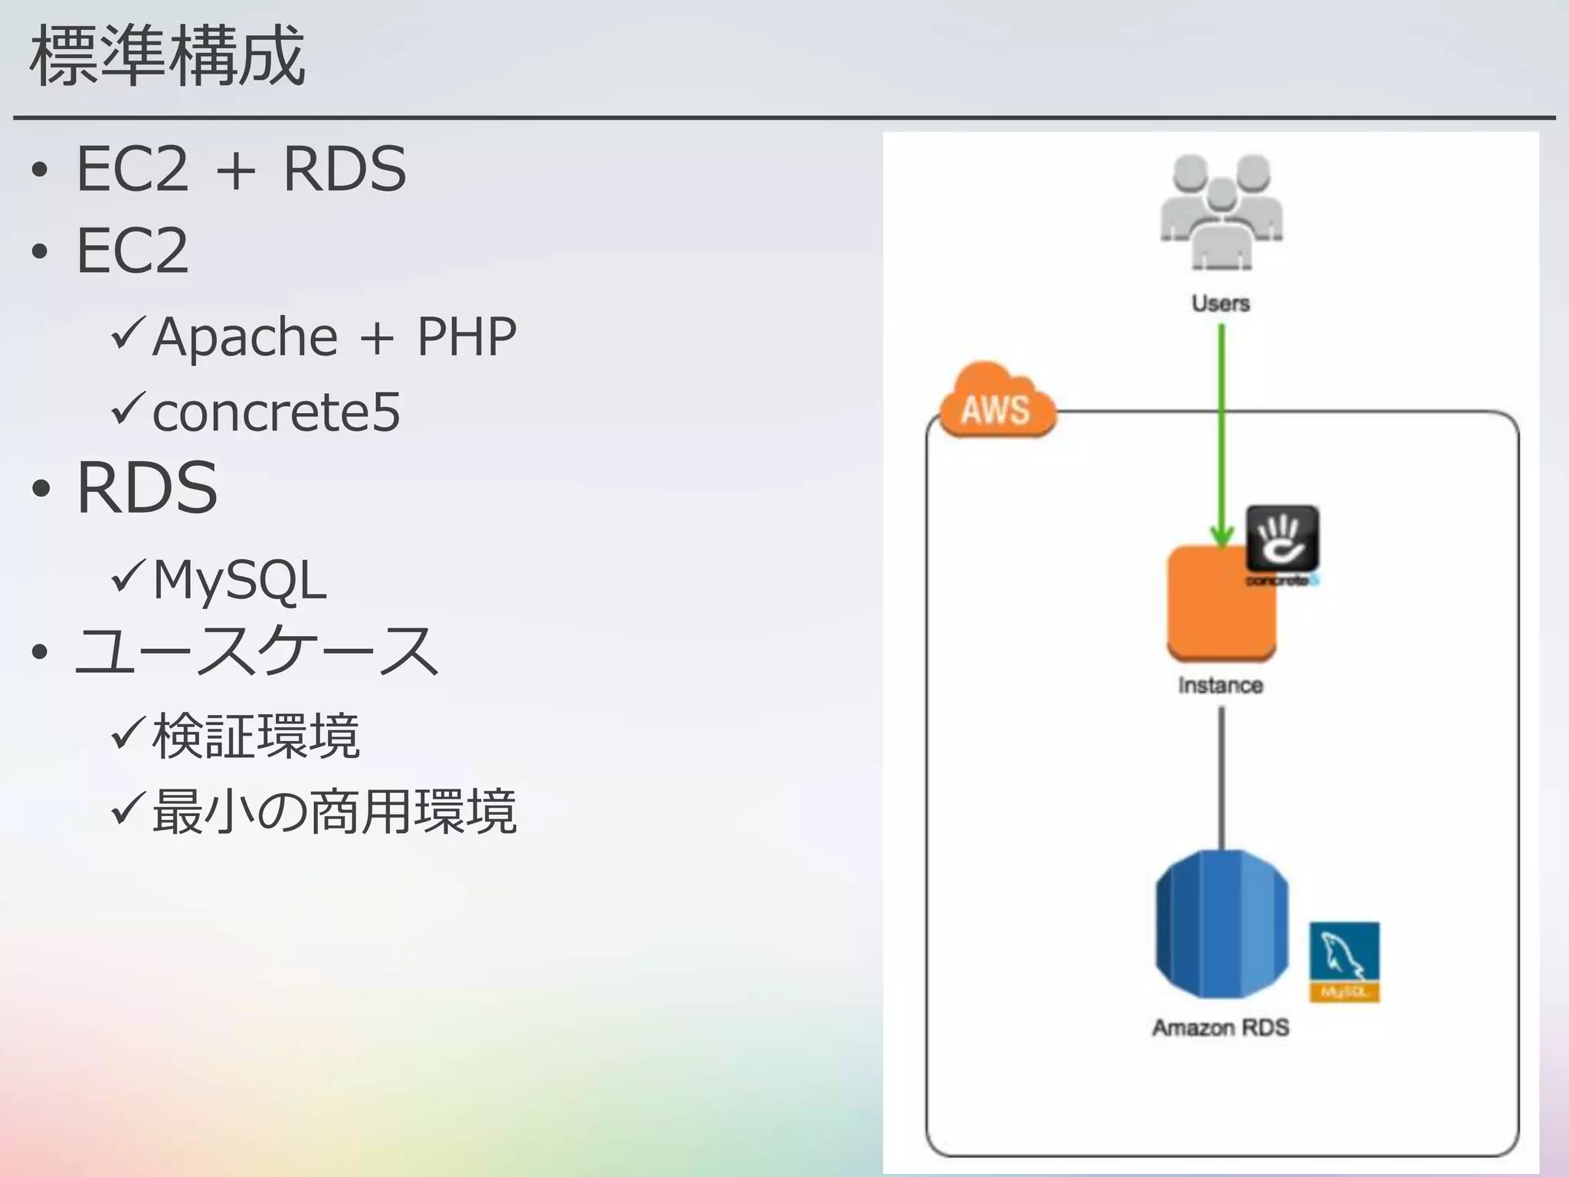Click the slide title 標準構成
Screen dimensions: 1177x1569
[x=167, y=57]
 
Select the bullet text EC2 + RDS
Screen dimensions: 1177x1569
[x=241, y=169]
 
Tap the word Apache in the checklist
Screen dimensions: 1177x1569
[x=244, y=337]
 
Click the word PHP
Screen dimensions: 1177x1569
[x=466, y=337]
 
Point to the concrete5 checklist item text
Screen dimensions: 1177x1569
[x=276, y=412]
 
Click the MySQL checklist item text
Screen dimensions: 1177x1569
[x=239, y=580]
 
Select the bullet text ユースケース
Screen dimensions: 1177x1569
[x=257, y=651]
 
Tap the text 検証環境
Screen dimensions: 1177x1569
[x=256, y=736]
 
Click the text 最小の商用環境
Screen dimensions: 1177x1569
[x=334, y=811]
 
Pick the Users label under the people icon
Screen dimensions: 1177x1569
[x=1220, y=303]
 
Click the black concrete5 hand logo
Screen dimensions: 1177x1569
[x=1282, y=539]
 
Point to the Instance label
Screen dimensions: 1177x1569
[x=1220, y=685]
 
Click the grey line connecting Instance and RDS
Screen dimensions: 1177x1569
[x=1221, y=778]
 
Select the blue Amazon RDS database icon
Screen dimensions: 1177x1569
[x=1221, y=923]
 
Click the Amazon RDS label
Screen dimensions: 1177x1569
[x=1220, y=1028]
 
